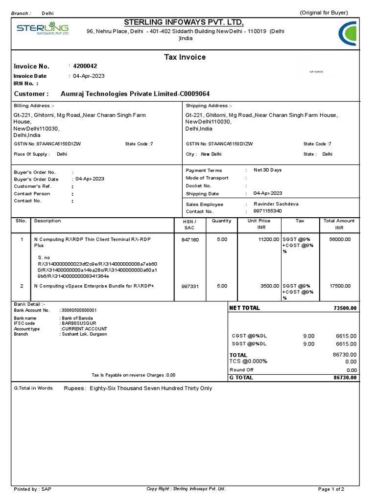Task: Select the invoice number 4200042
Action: [x=85, y=66]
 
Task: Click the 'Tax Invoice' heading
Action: [x=185, y=57]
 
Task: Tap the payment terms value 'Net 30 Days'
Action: [x=267, y=170]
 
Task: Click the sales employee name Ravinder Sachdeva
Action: [x=276, y=204]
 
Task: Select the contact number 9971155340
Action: [x=268, y=211]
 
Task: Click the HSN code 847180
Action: [x=190, y=240]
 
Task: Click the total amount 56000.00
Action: [x=340, y=240]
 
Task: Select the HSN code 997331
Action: [x=190, y=286]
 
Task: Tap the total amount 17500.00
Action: [x=340, y=286]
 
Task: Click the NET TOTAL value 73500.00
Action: [x=345, y=308]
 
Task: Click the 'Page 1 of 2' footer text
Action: [x=331, y=489]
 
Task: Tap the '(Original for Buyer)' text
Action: [x=324, y=13]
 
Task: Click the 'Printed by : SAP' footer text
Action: [x=32, y=489]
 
